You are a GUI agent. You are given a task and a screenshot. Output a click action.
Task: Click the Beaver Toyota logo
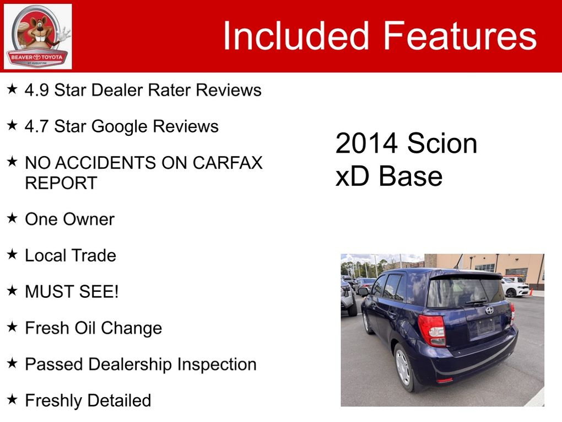[x=37, y=36]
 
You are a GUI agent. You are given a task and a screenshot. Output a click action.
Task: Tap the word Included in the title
[x=296, y=35]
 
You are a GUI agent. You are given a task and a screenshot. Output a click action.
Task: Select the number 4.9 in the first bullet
[x=36, y=90]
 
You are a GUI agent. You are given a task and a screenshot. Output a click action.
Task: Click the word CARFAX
[x=228, y=163]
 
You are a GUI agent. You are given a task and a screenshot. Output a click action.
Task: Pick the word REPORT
[x=61, y=183]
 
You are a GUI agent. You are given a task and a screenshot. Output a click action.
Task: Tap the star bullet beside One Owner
[x=12, y=218]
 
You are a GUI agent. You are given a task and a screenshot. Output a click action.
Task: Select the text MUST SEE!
[x=72, y=291]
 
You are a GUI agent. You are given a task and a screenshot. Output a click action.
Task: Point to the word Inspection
[x=217, y=365]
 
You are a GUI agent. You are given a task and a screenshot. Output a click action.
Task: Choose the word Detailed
[x=120, y=400]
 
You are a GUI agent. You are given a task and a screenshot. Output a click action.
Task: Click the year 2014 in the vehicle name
[x=366, y=143]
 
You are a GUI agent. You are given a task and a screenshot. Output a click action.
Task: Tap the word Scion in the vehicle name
[x=442, y=143]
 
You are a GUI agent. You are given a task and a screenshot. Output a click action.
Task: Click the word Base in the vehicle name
[x=410, y=176]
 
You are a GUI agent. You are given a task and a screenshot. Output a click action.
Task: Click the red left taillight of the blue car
[x=433, y=330]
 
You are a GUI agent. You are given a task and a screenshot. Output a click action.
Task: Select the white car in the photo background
[x=515, y=287]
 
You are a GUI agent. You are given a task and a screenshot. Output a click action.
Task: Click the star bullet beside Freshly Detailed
[x=12, y=399]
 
